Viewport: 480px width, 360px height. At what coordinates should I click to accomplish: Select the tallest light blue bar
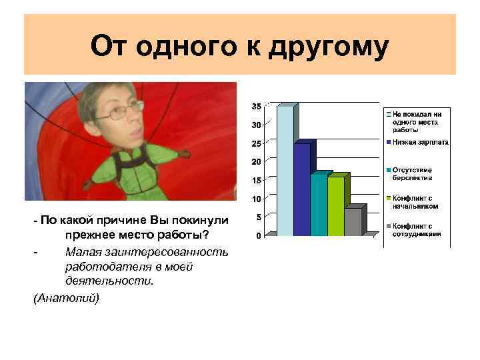[285, 172]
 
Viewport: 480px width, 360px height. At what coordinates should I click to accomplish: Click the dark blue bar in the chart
[301, 189]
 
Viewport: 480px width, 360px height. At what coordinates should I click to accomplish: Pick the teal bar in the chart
[318, 205]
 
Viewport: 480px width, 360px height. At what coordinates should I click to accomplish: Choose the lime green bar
[335, 207]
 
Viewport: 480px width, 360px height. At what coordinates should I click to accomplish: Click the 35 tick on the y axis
[256, 107]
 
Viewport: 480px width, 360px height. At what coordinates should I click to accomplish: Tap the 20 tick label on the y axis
[256, 161]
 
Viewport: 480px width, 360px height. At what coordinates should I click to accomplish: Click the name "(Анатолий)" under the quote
[66, 297]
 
